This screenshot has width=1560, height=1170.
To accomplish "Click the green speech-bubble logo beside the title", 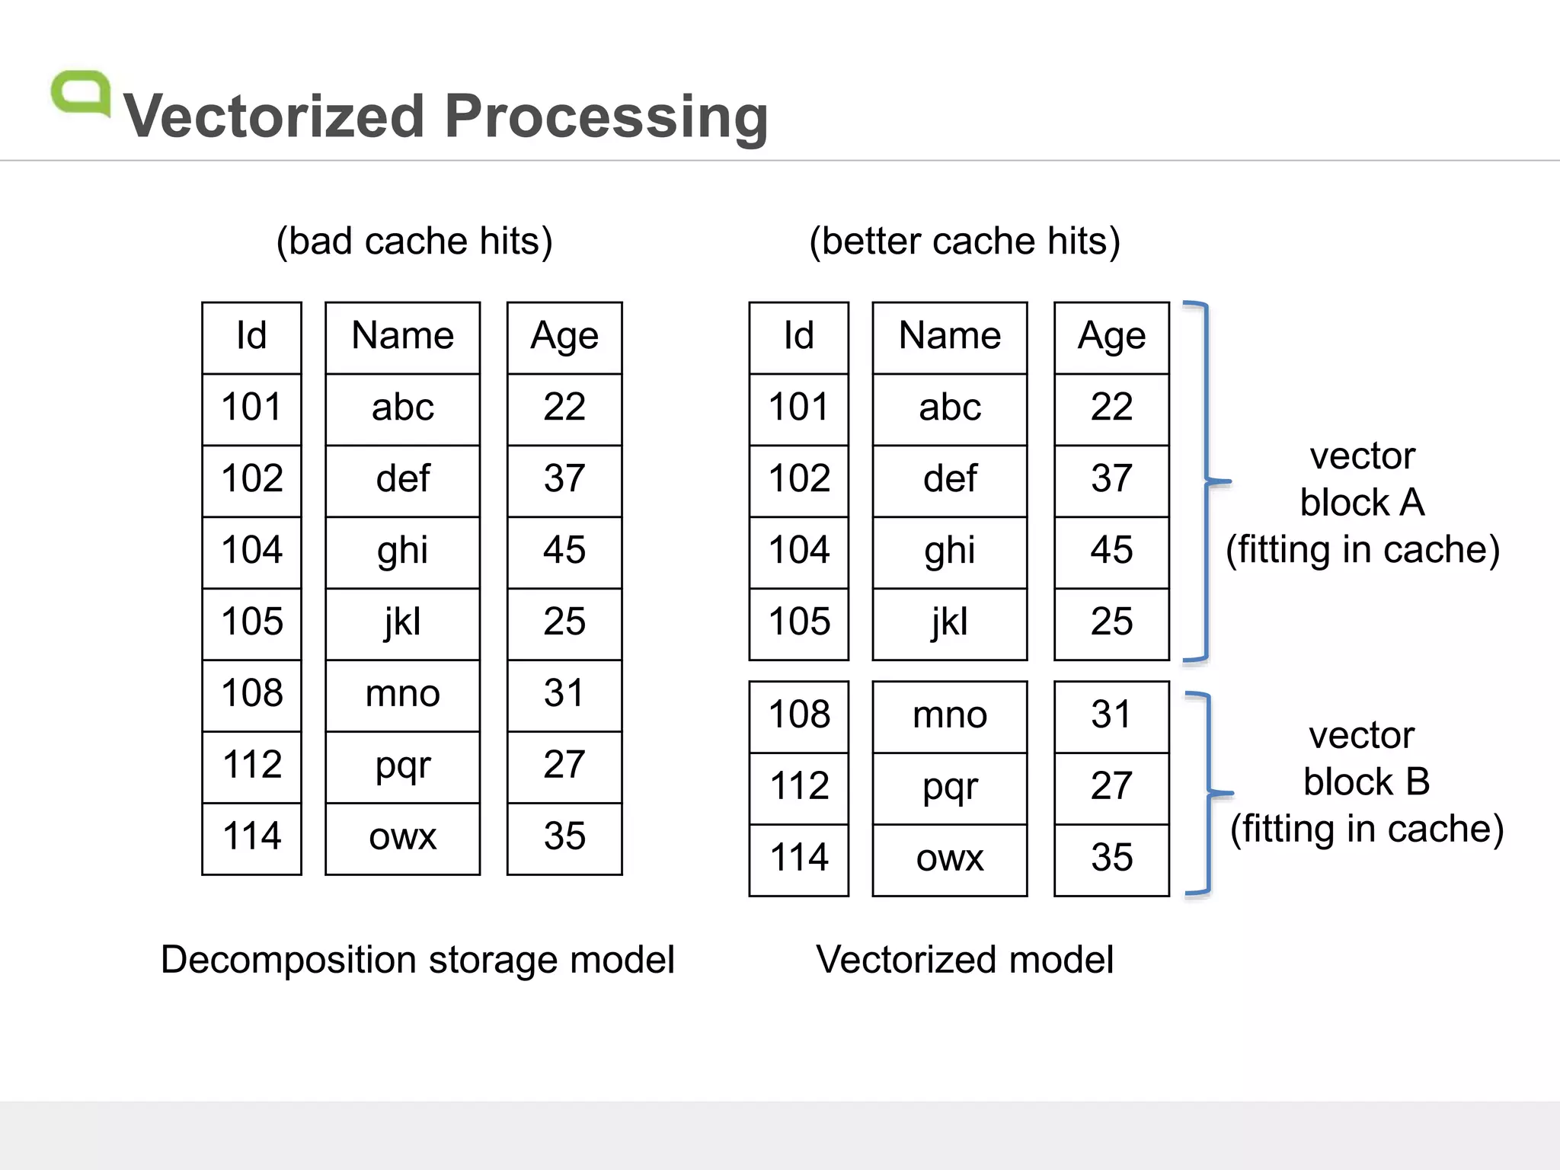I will tap(80, 93).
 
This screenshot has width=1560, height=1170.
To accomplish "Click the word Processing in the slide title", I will tap(606, 117).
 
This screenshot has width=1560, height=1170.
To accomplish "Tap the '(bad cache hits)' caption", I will tap(414, 241).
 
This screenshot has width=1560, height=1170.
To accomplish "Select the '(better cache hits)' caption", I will tap(964, 241).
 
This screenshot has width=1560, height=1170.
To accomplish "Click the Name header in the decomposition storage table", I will tap(402, 336).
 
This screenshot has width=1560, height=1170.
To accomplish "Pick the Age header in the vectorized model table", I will tap(1111, 336).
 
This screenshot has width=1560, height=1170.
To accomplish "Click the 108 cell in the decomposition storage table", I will tap(252, 693).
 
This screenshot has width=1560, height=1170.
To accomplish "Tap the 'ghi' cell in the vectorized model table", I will tap(950, 550).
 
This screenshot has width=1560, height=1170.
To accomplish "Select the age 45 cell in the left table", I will tap(564, 550).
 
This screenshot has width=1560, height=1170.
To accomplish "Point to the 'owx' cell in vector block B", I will tap(950, 858).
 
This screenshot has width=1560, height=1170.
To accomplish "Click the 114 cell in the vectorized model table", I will tap(799, 858).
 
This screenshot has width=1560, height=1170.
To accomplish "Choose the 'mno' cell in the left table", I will tap(402, 693).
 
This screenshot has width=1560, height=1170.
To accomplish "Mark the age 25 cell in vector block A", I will tap(1111, 622).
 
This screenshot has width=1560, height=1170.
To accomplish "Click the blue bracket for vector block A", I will tap(1207, 481).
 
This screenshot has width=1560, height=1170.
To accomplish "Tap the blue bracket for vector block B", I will tap(1210, 793).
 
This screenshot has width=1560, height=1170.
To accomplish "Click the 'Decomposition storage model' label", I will tap(417, 960).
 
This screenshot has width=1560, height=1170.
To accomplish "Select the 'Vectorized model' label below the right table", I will tap(964, 960).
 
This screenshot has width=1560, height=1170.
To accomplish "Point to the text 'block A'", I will tap(1362, 503).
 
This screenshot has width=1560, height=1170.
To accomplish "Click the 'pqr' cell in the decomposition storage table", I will tap(402, 765).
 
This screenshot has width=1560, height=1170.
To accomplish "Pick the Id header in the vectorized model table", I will tap(799, 336).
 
